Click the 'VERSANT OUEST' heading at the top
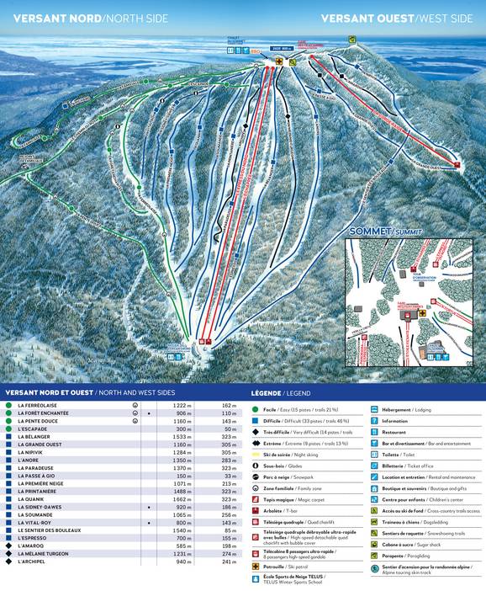pos(367,18)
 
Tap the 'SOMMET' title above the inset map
pos(369,231)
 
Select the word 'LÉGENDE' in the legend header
pos(267,393)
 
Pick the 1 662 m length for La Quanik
pos(184,499)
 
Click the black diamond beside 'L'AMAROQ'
pos(8,546)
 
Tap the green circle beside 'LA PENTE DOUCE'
pos(8,421)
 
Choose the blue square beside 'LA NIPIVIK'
pos(8,452)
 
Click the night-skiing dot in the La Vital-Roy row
pos(149,523)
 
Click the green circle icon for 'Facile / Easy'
pos(255,409)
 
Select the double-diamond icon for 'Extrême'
pos(255,443)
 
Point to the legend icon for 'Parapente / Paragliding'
pos(374,555)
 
